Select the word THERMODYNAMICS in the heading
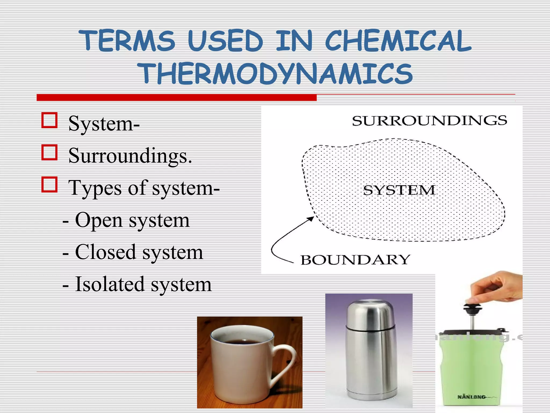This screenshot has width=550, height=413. pyautogui.click(x=277, y=74)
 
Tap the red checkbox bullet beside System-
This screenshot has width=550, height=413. pyautogui.click(x=49, y=120)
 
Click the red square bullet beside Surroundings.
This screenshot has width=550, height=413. pyautogui.click(x=49, y=152)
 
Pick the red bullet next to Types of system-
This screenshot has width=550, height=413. pyautogui.click(x=49, y=184)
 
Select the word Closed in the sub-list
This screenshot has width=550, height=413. pyautogui.click(x=105, y=252)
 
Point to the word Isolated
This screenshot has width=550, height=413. pyautogui.click(x=110, y=284)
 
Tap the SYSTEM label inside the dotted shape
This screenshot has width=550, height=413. pyautogui.click(x=399, y=190)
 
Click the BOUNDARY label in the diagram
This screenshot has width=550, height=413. pyautogui.click(x=355, y=260)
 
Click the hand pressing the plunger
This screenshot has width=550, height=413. pyautogui.click(x=497, y=288)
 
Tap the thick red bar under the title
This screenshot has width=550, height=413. pyautogui.click(x=176, y=98)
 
